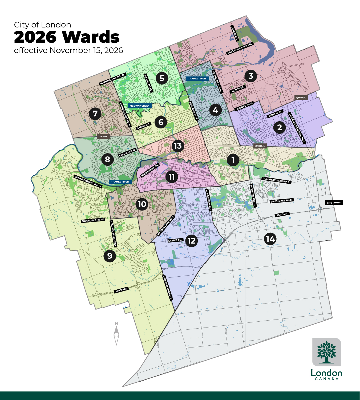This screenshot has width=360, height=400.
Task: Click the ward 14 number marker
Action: (270, 239)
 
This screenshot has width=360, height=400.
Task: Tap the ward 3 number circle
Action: (250, 76)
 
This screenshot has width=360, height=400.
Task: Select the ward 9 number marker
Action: (110, 256)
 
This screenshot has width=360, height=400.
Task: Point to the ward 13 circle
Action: (177, 146)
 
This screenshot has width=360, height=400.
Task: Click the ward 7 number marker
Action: (95, 114)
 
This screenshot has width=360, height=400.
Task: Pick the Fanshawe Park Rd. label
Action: (240, 49)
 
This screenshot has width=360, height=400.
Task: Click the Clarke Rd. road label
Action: (234, 33)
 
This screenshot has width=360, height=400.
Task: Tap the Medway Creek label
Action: (139, 106)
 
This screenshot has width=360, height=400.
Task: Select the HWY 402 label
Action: (121, 290)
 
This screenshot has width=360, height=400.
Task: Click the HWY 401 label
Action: (282, 214)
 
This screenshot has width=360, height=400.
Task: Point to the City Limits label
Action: (334, 203)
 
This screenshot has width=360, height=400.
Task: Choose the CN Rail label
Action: (260, 146)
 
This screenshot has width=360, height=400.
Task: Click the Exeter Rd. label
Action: (175, 240)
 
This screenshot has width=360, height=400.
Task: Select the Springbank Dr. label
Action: (150, 170)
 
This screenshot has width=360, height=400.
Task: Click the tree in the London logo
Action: (326, 352)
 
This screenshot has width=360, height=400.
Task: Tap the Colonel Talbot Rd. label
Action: (113, 233)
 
